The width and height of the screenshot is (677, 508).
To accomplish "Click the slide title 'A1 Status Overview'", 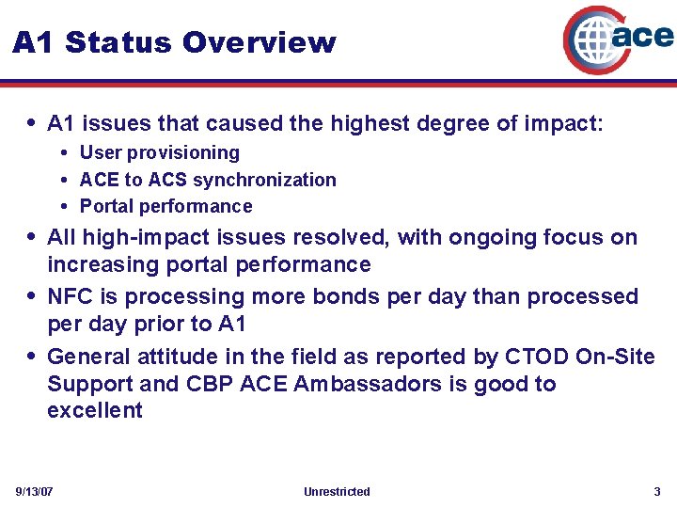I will pos(174,42).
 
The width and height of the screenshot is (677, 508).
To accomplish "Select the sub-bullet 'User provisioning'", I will pos(159,152).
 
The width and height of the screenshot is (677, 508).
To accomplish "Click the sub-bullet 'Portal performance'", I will pos(165,206).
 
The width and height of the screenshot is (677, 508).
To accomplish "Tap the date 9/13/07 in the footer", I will pos(35,492).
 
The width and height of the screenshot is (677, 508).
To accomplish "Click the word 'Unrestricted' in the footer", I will pos(338,492).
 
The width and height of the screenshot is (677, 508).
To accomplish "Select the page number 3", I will pos(657,492).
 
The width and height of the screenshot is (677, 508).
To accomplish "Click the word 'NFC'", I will pos(70,297).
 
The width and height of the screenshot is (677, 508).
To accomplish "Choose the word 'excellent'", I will pos(95,410).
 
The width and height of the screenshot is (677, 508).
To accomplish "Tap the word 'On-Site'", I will pos(616,357).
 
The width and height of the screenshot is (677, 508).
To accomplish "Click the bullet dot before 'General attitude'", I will pos(32,357).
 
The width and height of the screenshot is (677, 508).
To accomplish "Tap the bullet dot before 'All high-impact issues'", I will pos(32,237).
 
